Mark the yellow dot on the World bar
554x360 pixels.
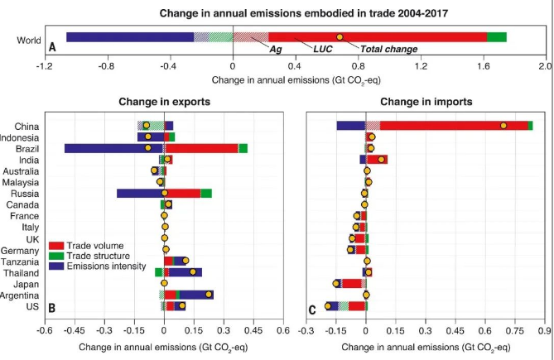[x=340, y=37]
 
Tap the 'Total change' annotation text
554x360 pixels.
[x=389, y=50]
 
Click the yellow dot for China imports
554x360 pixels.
[x=503, y=125]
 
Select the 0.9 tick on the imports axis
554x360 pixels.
[x=544, y=330]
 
